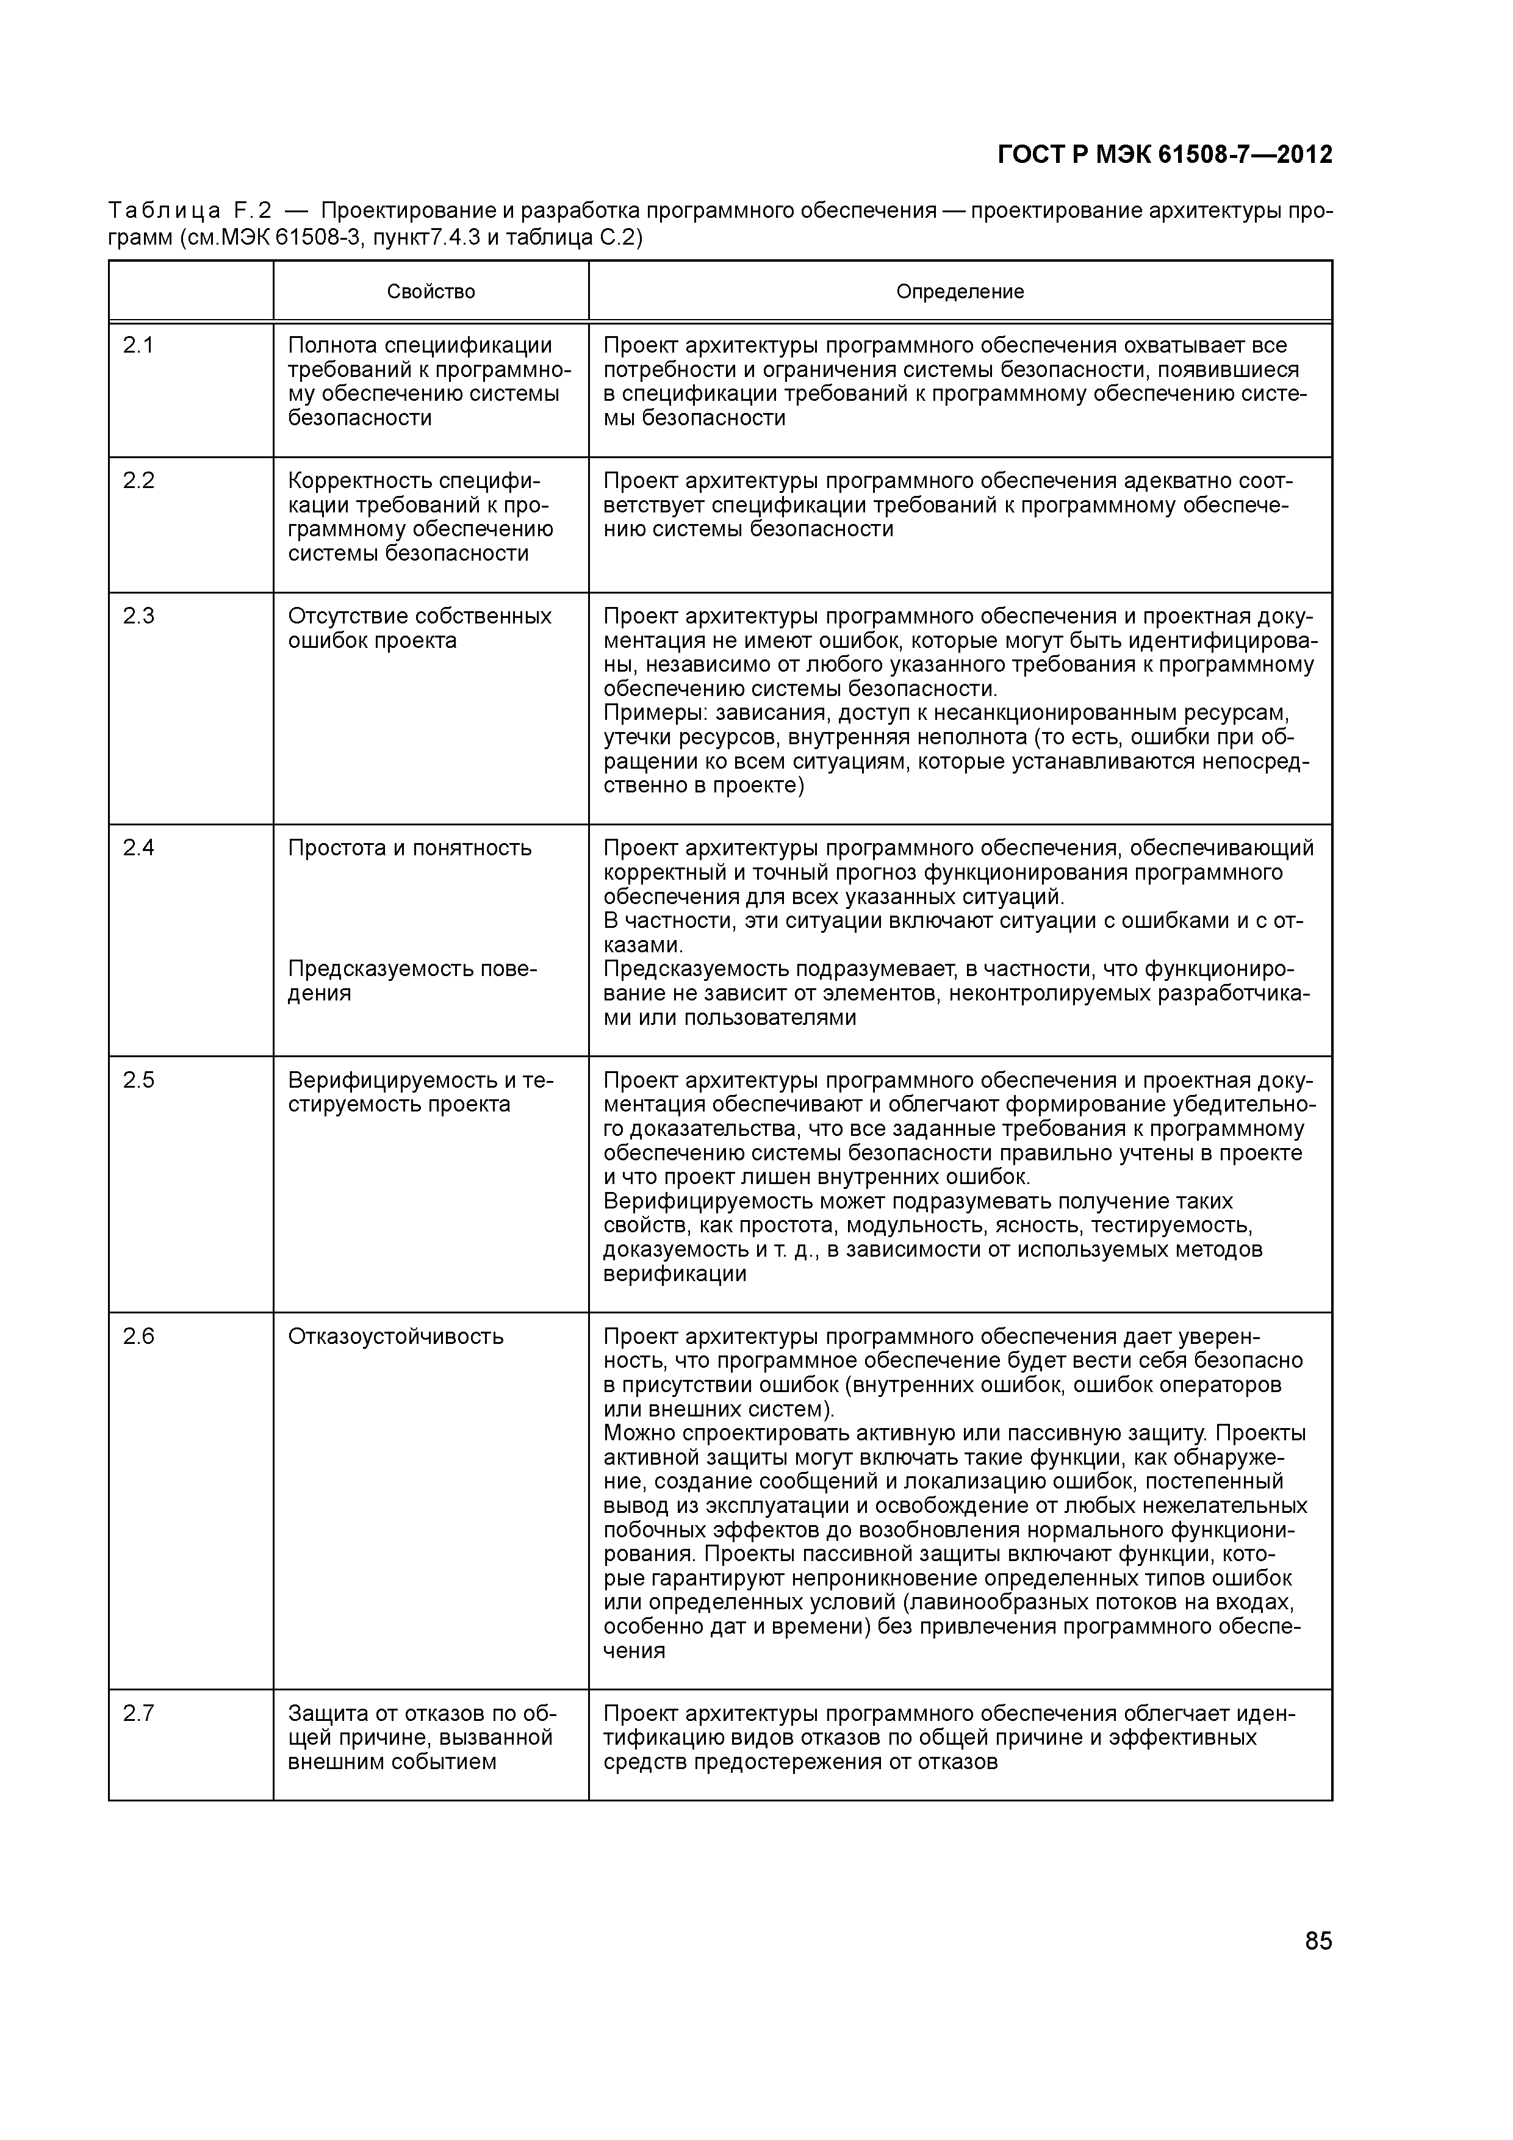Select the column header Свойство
[x=431, y=292]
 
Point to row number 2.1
[x=138, y=346]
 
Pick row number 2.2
[x=138, y=481]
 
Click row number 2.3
[x=138, y=616]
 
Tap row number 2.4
[x=138, y=848]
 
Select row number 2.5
[x=138, y=1080]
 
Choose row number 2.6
[x=138, y=1337]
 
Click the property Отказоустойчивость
[x=395, y=1337]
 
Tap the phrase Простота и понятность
[x=409, y=848]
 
